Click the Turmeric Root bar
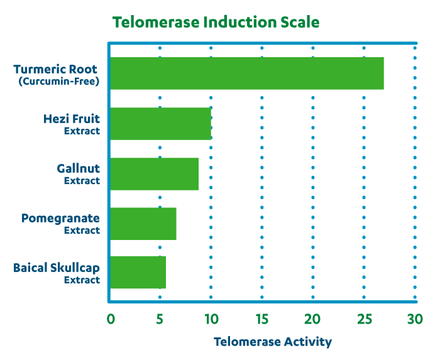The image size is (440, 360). [x=246, y=74]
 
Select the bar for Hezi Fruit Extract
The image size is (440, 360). [x=161, y=124]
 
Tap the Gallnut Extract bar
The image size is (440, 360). [x=155, y=174]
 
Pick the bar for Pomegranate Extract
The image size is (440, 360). [x=143, y=224]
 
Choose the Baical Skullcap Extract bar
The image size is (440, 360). [x=138, y=273]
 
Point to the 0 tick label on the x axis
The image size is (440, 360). [x=111, y=319]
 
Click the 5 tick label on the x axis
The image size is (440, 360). [x=160, y=319]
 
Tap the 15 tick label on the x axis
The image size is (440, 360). [x=261, y=319]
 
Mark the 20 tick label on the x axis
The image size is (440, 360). [x=312, y=319]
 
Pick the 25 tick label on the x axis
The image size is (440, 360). [x=363, y=319]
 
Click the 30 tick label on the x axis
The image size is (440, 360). [x=414, y=319]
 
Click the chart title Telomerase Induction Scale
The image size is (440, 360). [x=216, y=23]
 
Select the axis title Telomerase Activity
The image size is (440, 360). [x=272, y=342]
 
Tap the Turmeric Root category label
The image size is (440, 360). [x=57, y=68]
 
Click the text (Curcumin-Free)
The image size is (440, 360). [x=58, y=82]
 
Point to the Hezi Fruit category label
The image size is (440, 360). [x=72, y=118]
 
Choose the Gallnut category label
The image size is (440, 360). [x=79, y=168]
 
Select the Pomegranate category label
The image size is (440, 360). [x=60, y=218]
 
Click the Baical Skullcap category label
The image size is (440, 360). [x=57, y=268]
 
